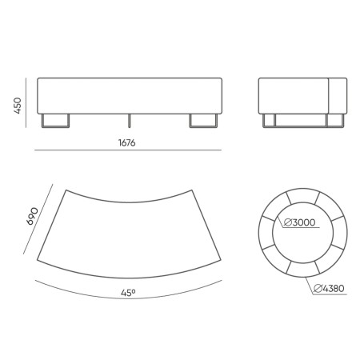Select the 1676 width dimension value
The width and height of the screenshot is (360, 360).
[x=127, y=143]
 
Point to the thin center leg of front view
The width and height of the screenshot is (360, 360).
[x=129, y=119]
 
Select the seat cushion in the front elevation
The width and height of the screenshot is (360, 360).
[x=128, y=95]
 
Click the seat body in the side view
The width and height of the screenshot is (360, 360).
[x=302, y=95]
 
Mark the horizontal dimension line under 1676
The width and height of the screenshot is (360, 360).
[x=127, y=151]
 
